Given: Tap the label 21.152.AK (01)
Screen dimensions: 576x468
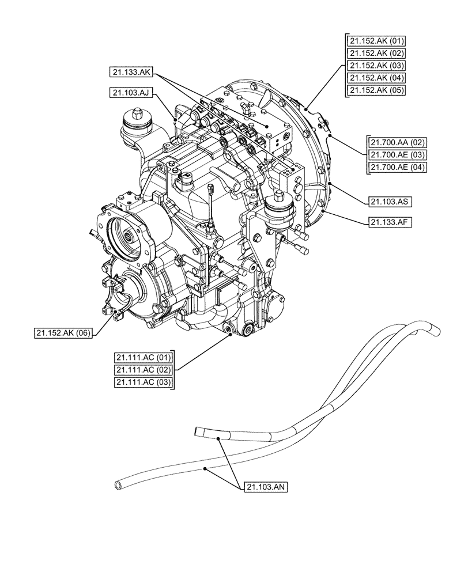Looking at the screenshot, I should coord(376,40).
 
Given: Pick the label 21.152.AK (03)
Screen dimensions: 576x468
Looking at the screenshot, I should coord(376,65).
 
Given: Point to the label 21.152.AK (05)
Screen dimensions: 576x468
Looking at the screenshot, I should coord(376,90).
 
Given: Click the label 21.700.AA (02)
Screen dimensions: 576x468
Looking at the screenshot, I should coord(395,142).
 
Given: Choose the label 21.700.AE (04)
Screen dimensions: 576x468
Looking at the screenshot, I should coord(395,168).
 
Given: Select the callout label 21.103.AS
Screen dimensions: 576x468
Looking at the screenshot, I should coord(389,202).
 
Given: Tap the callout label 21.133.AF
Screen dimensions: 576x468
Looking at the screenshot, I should coord(389,221).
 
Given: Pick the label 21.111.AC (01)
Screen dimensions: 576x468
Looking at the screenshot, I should coord(144,357).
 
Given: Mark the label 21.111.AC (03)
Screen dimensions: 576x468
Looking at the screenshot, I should coord(144,382).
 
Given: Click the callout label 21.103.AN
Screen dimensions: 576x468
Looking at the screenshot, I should coord(266,487).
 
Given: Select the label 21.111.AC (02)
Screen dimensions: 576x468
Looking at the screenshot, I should coord(144,370).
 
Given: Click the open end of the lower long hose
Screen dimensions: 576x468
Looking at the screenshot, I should coord(119,486).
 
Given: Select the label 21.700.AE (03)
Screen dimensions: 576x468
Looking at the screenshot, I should coord(395,155).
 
